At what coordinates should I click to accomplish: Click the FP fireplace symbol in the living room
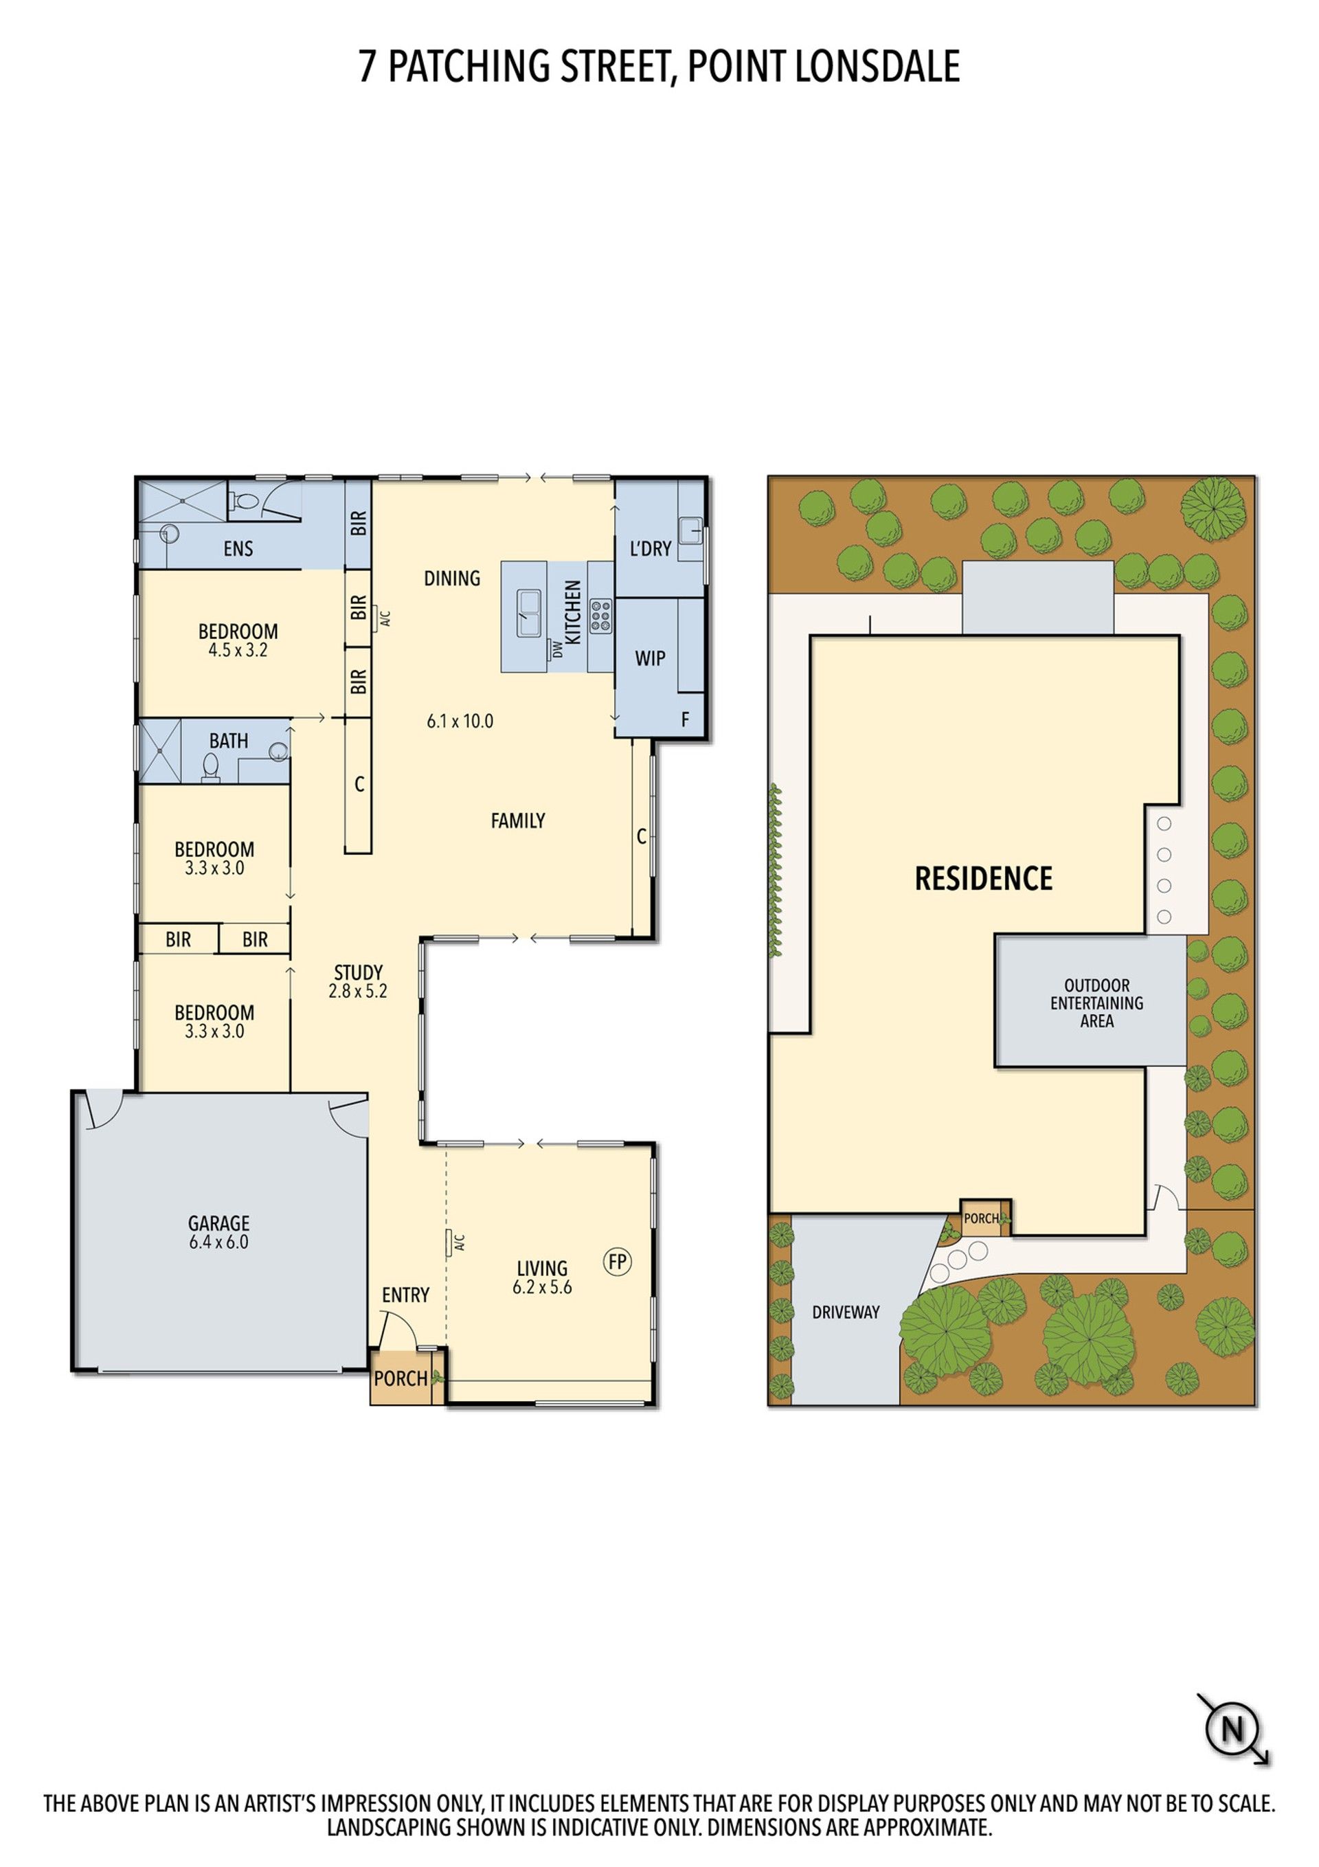(x=617, y=1261)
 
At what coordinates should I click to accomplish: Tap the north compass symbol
(x=1232, y=1729)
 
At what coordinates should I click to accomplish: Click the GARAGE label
(x=218, y=1223)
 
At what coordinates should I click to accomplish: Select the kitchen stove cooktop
(x=600, y=616)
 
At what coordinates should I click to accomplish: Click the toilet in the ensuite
(x=244, y=502)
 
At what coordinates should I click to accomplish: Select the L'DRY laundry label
(x=651, y=549)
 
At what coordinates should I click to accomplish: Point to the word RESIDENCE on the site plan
(x=983, y=878)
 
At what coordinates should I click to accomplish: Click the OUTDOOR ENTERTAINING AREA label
(x=1096, y=1003)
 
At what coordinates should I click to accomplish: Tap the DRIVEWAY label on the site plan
(x=846, y=1312)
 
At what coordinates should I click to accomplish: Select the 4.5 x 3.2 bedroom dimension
(x=238, y=650)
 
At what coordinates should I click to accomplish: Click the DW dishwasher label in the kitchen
(x=558, y=649)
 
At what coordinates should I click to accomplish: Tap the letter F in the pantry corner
(x=685, y=719)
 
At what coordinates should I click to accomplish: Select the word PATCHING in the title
(x=473, y=66)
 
